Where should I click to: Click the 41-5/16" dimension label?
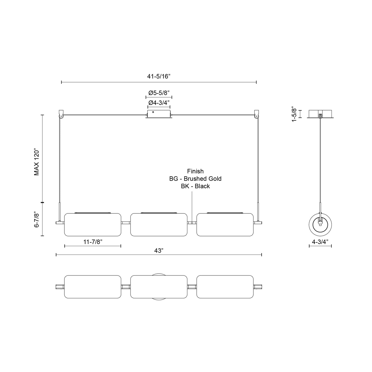coord(159,76)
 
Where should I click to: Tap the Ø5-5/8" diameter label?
coord(159,93)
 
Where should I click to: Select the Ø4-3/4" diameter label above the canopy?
coord(159,102)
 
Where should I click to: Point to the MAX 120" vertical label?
coord(37,162)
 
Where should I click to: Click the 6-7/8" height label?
coord(37,220)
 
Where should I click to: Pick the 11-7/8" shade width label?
coord(93,242)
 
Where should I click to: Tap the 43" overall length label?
coord(159,250)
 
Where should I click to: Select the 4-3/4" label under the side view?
coord(320,242)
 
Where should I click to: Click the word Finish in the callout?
coord(195,171)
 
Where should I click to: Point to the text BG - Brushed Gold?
coord(195,179)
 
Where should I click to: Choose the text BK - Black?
coord(195,186)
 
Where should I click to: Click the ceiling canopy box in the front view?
coord(159,114)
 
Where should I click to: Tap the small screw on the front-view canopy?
coord(153,112)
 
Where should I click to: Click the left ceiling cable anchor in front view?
coord(61,114)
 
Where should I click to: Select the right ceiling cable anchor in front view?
coord(256,114)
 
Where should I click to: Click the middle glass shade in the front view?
coord(159,224)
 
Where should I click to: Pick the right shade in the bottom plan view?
coord(225,287)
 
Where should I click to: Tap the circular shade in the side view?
coord(320,224)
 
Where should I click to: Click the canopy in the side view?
coord(320,114)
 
